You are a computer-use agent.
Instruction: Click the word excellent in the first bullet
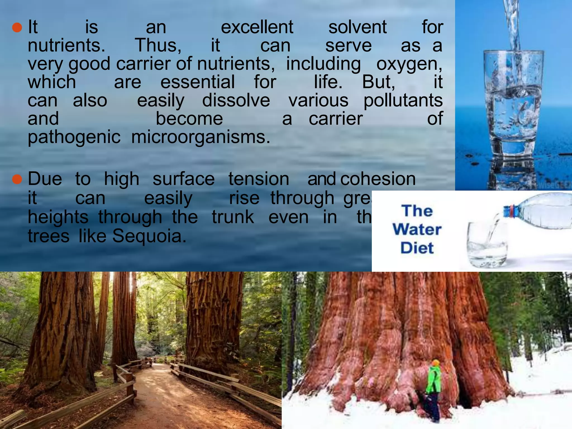pyautogui.click(x=257, y=27)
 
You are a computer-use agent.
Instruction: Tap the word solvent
pyautogui.click(x=357, y=27)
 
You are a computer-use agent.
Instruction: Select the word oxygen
pyautogui.click(x=409, y=64)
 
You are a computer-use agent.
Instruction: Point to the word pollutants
pyautogui.click(x=403, y=101)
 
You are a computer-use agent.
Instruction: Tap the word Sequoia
pyautogui.click(x=149, y=236)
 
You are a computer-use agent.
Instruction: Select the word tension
pyautogui.click(x=259, y=179)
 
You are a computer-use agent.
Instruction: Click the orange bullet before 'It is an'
pyautogui.click(x=17, y=28)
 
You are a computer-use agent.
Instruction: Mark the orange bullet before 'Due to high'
pyautogui.click(x=17, y=179)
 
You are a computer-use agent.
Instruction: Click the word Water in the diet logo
pyautogui.click(x=417, y=230)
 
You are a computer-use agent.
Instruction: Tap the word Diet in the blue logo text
pyautogui.click(x=417, y=248)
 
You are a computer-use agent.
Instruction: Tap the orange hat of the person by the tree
pyautogui.click(x=435, y=363)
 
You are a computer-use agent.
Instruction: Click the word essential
pyautogui.click(x=197, y=82)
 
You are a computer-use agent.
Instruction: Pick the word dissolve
pyautogui.click(x=236, y=101)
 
